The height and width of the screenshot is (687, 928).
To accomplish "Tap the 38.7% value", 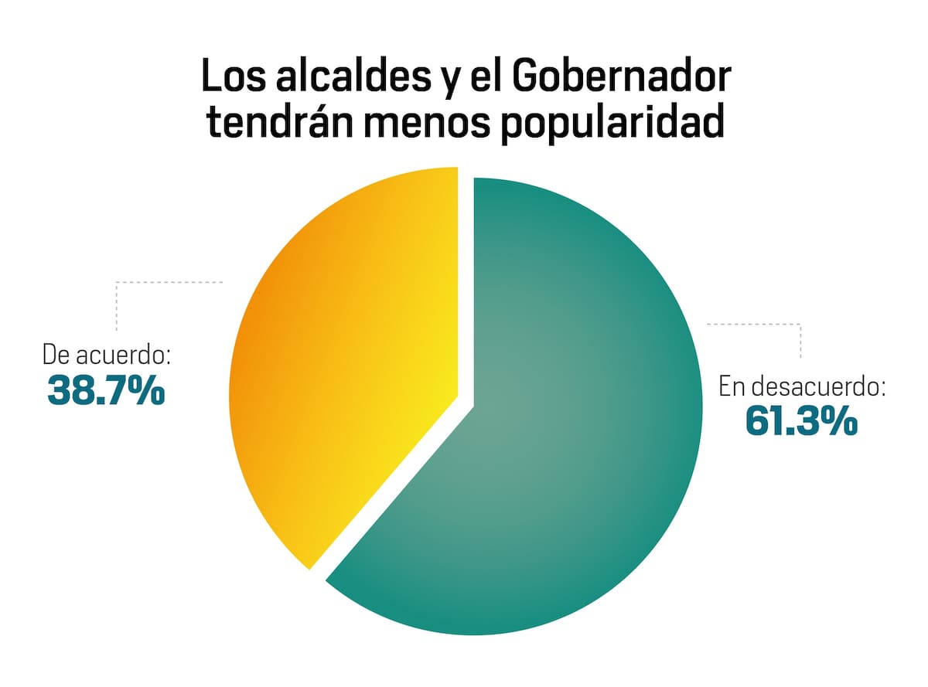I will (106, 390).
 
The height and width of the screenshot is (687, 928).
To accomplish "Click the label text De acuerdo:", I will (107, 356).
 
